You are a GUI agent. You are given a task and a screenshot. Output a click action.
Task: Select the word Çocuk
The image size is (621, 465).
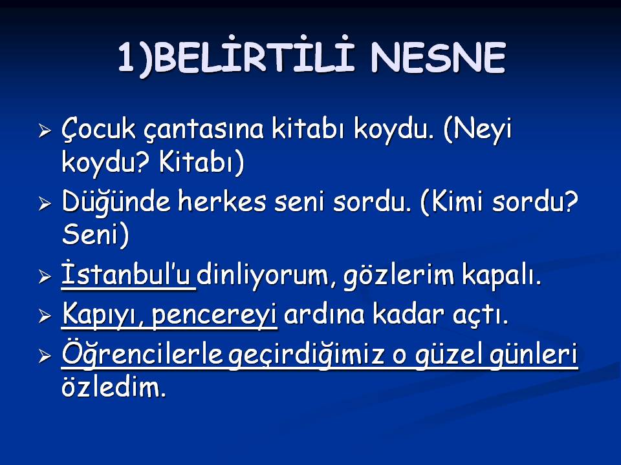click(x=98, y=130)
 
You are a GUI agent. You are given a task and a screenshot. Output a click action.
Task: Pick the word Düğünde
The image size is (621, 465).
click(x=116, y=202)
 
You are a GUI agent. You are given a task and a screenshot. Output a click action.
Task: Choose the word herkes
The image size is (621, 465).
click(x=222, y=201)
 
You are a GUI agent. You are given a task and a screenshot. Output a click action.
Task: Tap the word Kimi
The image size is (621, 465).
click(x=453, y=201)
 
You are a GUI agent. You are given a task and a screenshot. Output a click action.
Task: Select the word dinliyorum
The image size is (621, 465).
click(x=263, y=274)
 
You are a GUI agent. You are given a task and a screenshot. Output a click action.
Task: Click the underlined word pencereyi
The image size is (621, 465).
click(x=214, y=315)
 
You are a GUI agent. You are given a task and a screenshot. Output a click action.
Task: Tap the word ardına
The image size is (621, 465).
click(x=324, y=314)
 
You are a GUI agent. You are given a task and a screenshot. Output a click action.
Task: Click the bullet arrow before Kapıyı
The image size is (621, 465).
click(x=45, y=316)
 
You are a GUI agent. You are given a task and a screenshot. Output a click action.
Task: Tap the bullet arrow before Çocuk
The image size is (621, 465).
click(x=45, y=131)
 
